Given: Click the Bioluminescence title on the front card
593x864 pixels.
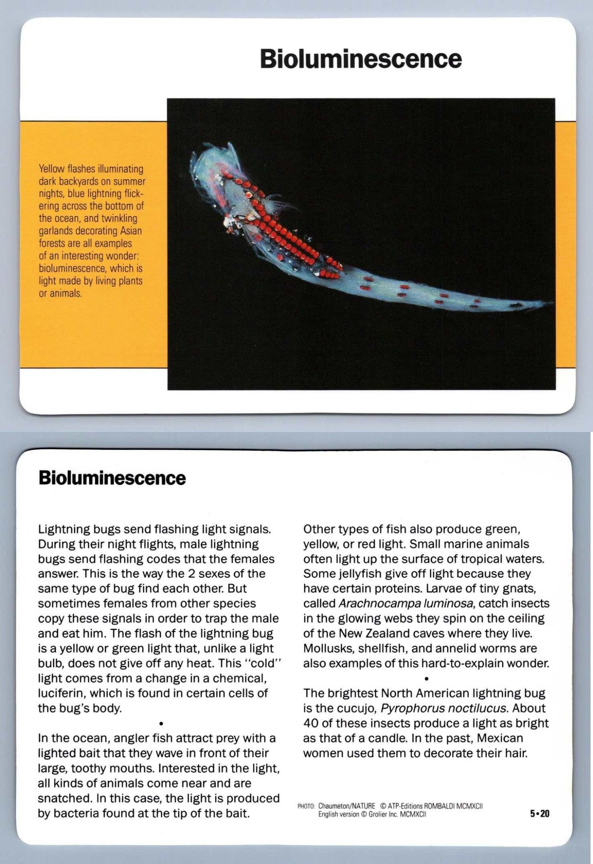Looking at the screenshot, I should (x=361, y=59).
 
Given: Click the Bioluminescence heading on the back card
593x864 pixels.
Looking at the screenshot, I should (x=112, y=478).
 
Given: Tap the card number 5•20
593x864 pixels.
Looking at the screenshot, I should (x=539, y=814).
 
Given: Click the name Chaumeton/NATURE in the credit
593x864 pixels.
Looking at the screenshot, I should (x=346, y=806).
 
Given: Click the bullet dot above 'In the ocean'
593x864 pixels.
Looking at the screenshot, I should (x=161, y=723).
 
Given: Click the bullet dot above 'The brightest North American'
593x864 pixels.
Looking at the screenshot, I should (x=426, y=679).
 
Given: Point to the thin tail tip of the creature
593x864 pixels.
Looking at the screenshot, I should (x=548, y=303).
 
